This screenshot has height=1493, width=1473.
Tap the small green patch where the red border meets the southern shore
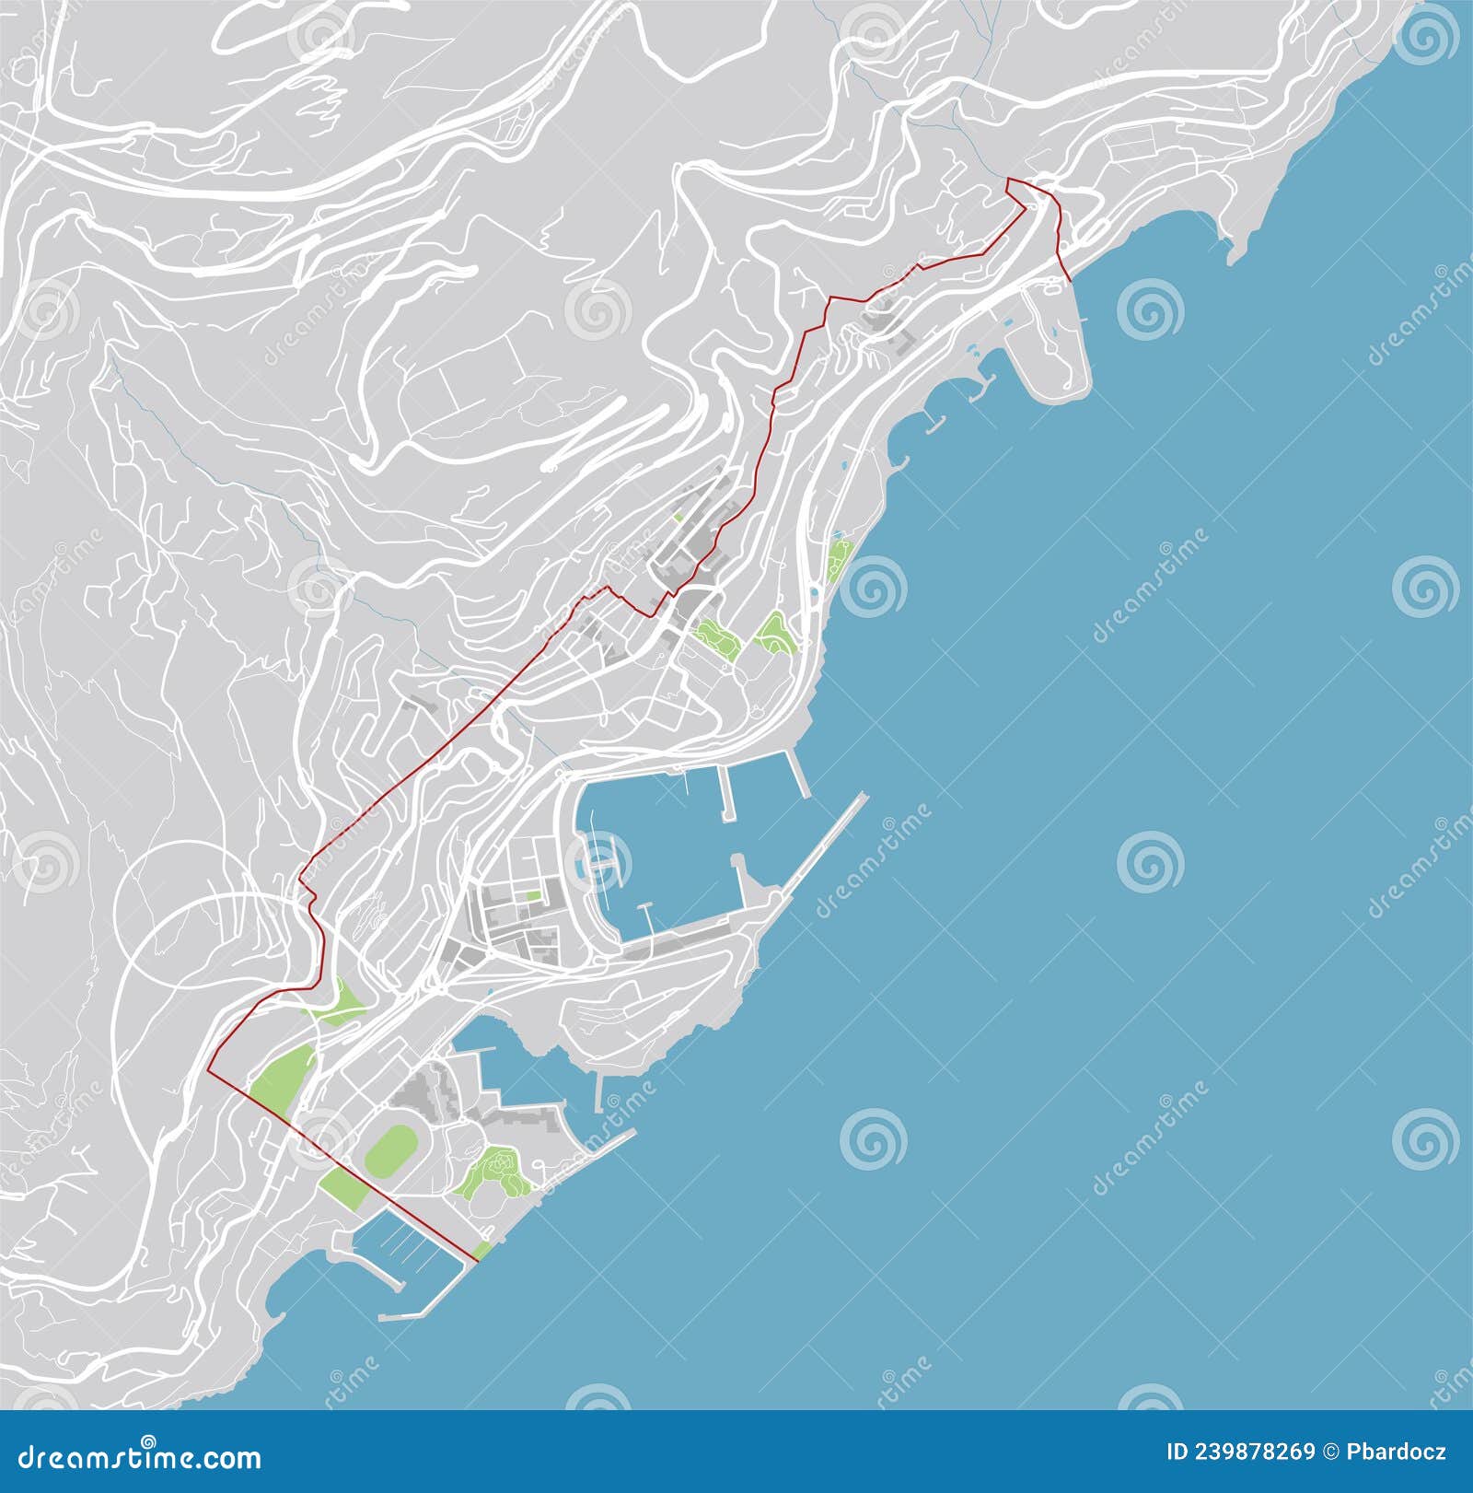point(482,1250)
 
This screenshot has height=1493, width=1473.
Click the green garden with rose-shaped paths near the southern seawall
point(493,1170)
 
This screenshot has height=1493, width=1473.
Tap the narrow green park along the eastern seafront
point(840,559)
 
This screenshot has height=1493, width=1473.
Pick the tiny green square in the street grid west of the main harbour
point(533,894)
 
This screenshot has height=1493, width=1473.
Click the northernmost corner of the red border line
point(1007,179)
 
